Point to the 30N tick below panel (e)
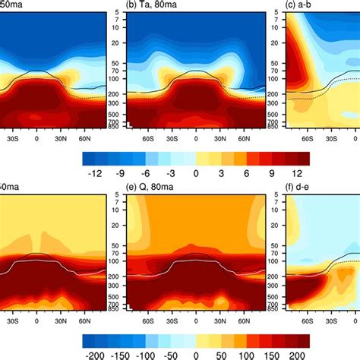pyautogui.click(x=221, y=321)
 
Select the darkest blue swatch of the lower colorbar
pyautogui.click(x=89, y=337)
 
